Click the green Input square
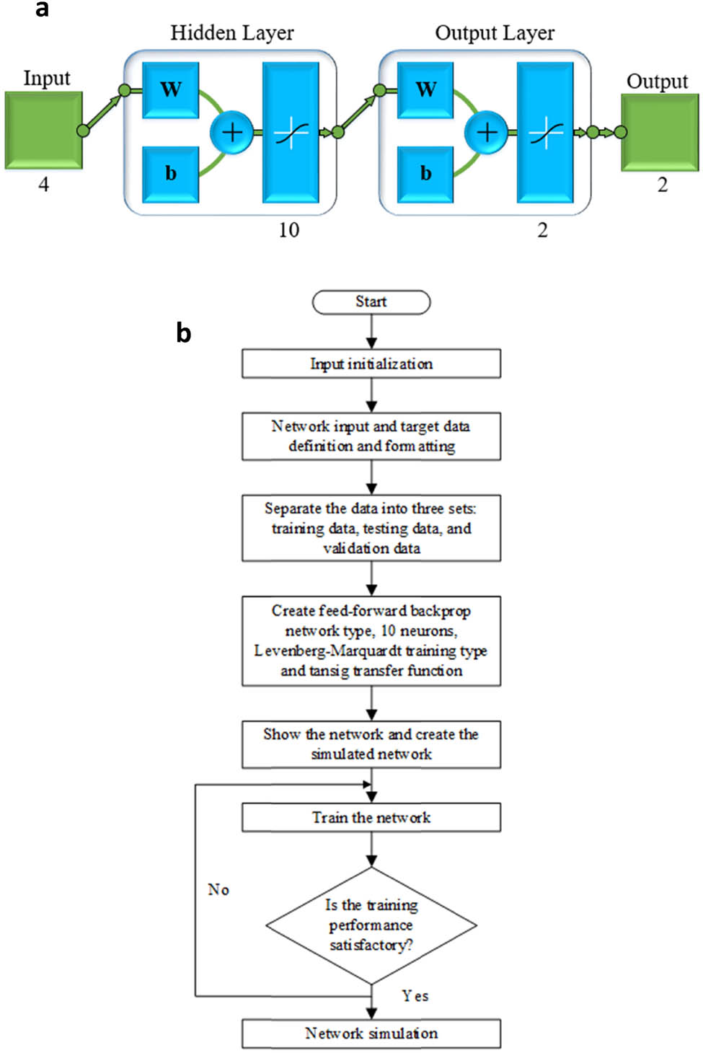[43, 131]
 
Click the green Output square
[660, 133]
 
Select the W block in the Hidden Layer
[171, 90]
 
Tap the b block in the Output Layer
[425, 174]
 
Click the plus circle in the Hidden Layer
[231, 132]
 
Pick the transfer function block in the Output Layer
[545, 132]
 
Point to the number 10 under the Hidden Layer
[288, 230]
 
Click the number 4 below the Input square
[43, 185]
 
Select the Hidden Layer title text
[231, 33]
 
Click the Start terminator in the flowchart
[371, 302]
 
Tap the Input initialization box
[371, 364]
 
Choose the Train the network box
[371, 818]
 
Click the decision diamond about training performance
[371, 925]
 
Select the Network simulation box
[371, 1034]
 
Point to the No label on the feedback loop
[218, 889]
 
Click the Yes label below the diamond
[415, 996]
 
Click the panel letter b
[184, 333]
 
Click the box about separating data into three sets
[371, 528]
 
